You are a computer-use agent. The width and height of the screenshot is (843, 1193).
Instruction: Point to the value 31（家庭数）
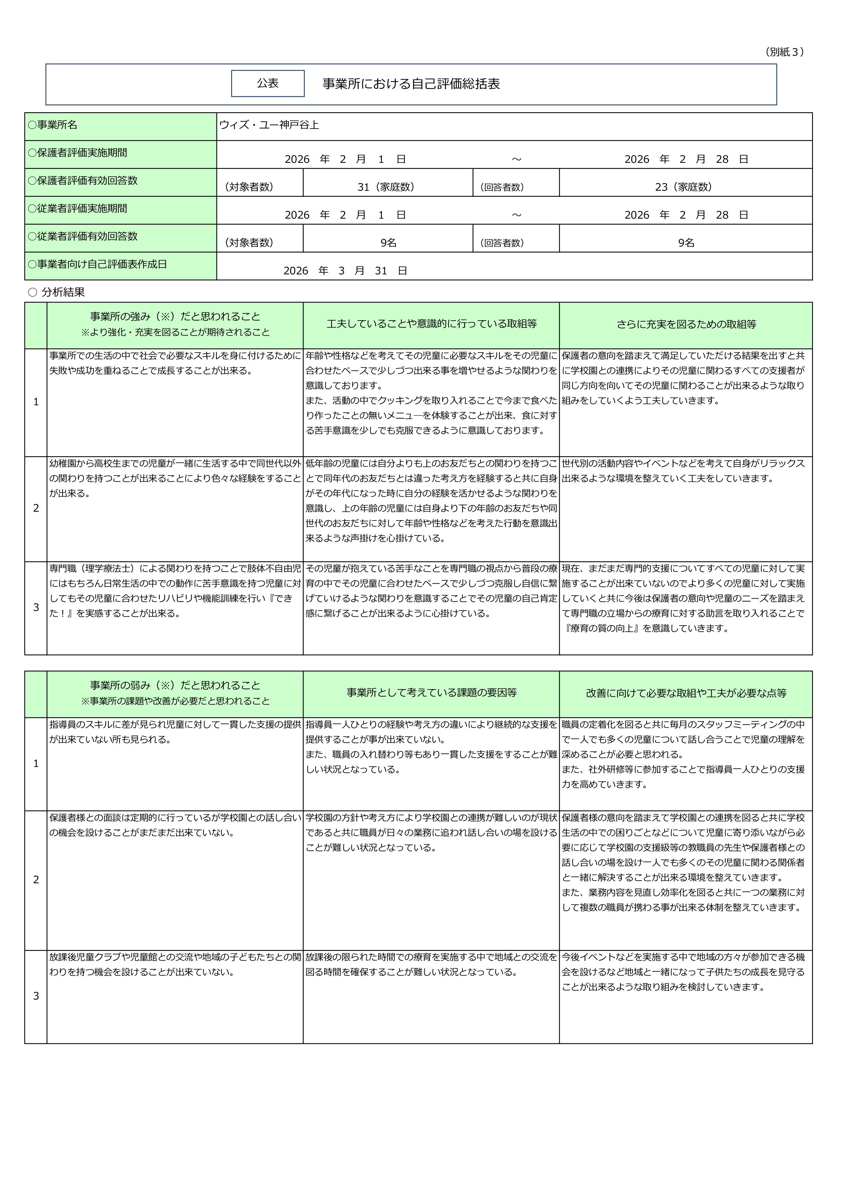(386, 187)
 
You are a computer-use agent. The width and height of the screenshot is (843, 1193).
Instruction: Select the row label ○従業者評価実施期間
(77, 208)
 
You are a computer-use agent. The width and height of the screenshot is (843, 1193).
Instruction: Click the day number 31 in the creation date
(381, 271)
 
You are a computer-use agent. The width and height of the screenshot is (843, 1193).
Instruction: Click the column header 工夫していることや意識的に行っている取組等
(431, 324)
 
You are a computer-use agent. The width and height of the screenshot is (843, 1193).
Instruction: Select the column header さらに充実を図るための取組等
(686, 324)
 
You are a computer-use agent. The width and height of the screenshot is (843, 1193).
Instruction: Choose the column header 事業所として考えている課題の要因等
(431, 693)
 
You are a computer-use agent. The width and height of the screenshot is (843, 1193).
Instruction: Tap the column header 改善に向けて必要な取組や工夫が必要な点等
(686, 693)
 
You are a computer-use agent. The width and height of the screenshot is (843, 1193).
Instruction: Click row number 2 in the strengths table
(36, 508)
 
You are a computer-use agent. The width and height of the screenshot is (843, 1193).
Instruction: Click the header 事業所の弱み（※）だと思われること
(175, 685)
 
